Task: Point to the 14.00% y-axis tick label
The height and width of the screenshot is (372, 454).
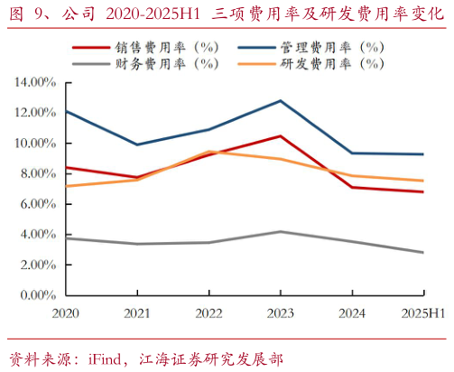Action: click(35, 82)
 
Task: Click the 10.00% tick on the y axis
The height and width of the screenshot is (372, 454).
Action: click(35, 143)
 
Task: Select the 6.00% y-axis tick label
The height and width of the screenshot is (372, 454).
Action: click(38, 204)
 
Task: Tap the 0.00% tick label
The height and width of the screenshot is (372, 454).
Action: click(38, 295)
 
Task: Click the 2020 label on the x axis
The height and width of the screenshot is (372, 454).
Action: click(65, 312)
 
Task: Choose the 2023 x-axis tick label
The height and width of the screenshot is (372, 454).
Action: click(281, 312)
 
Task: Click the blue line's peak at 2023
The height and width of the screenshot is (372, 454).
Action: click(281, 100)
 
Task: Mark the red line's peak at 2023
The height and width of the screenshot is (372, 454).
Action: click(281, 136)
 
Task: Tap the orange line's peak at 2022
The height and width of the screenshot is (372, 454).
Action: click(208, 152)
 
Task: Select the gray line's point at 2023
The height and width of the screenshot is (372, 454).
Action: click(281, 231)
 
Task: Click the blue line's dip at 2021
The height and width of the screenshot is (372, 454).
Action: click(136, 144)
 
